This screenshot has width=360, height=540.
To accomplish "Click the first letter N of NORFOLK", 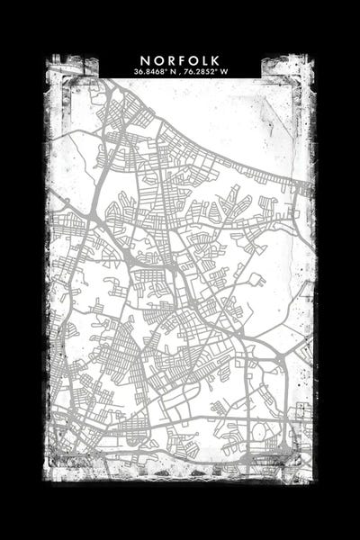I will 142,60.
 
